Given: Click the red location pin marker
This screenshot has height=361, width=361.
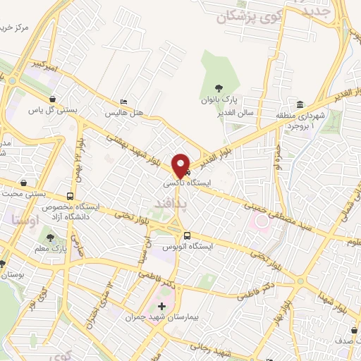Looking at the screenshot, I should coord(181,164).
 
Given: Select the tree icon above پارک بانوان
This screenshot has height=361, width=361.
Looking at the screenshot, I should coord(219,89).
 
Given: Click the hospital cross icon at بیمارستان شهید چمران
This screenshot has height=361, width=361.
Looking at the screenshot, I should coord(162,307).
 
